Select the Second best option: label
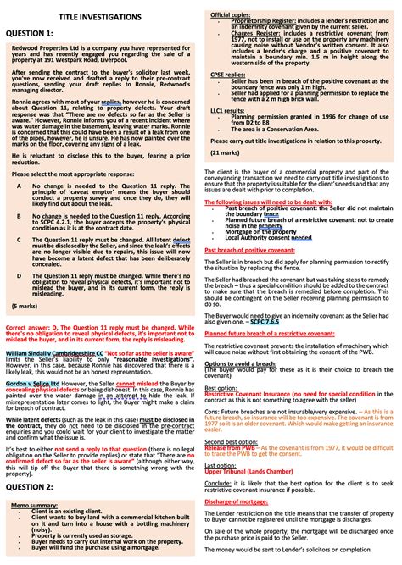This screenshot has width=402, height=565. click(x=235, y=442)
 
